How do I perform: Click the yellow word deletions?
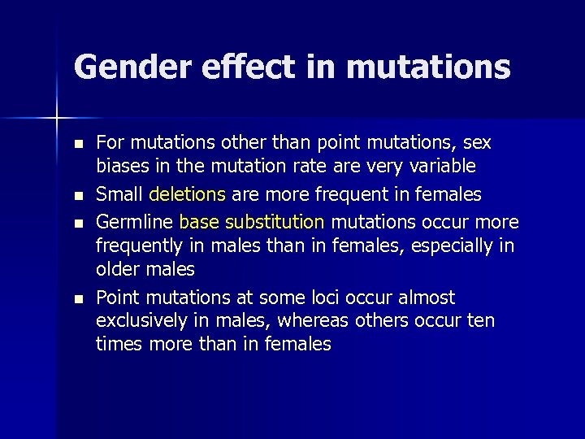(x=188, y=195)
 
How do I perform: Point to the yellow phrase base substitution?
(x=252, y=221)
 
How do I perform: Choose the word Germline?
(x=134, y=221)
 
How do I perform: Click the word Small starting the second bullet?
(x=119, y=195)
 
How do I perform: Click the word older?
(x=119, y=269)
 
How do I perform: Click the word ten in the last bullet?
(x=479, y=321)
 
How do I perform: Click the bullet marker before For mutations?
(x=77, y=144)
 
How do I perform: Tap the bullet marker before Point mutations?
(x=77, y=298)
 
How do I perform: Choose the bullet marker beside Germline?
(x=77, y=222)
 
